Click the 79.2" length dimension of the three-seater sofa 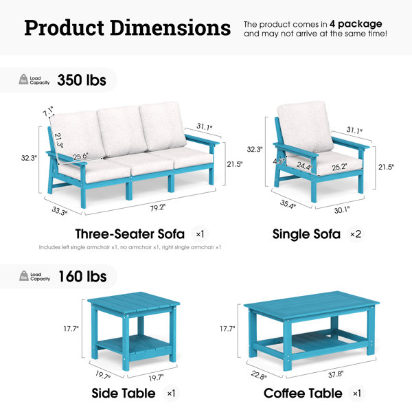click(158, 208)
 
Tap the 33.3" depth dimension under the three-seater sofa click(59, 211)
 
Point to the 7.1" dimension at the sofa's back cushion click(48, 111)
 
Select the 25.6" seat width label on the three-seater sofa click(80, 157)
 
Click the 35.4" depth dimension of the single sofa click(288, 204)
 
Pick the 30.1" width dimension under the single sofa click(342, 210)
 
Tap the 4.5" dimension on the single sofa click(279, 161)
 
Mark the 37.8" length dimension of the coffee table click(336, 374)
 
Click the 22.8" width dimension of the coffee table click(259, 375)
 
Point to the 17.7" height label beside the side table click(71, 329)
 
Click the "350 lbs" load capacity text click(82, 80)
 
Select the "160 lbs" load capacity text click(82, 277)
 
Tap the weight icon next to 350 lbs click(23, 79)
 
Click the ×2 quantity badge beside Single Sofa click(356, 234)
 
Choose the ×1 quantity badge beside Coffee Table click(357, 393)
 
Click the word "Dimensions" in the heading click(170, 28)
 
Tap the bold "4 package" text click(356, 24)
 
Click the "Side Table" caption click(124, 393)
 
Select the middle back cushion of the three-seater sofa click(122, 130)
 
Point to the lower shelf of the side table click(134, 344)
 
